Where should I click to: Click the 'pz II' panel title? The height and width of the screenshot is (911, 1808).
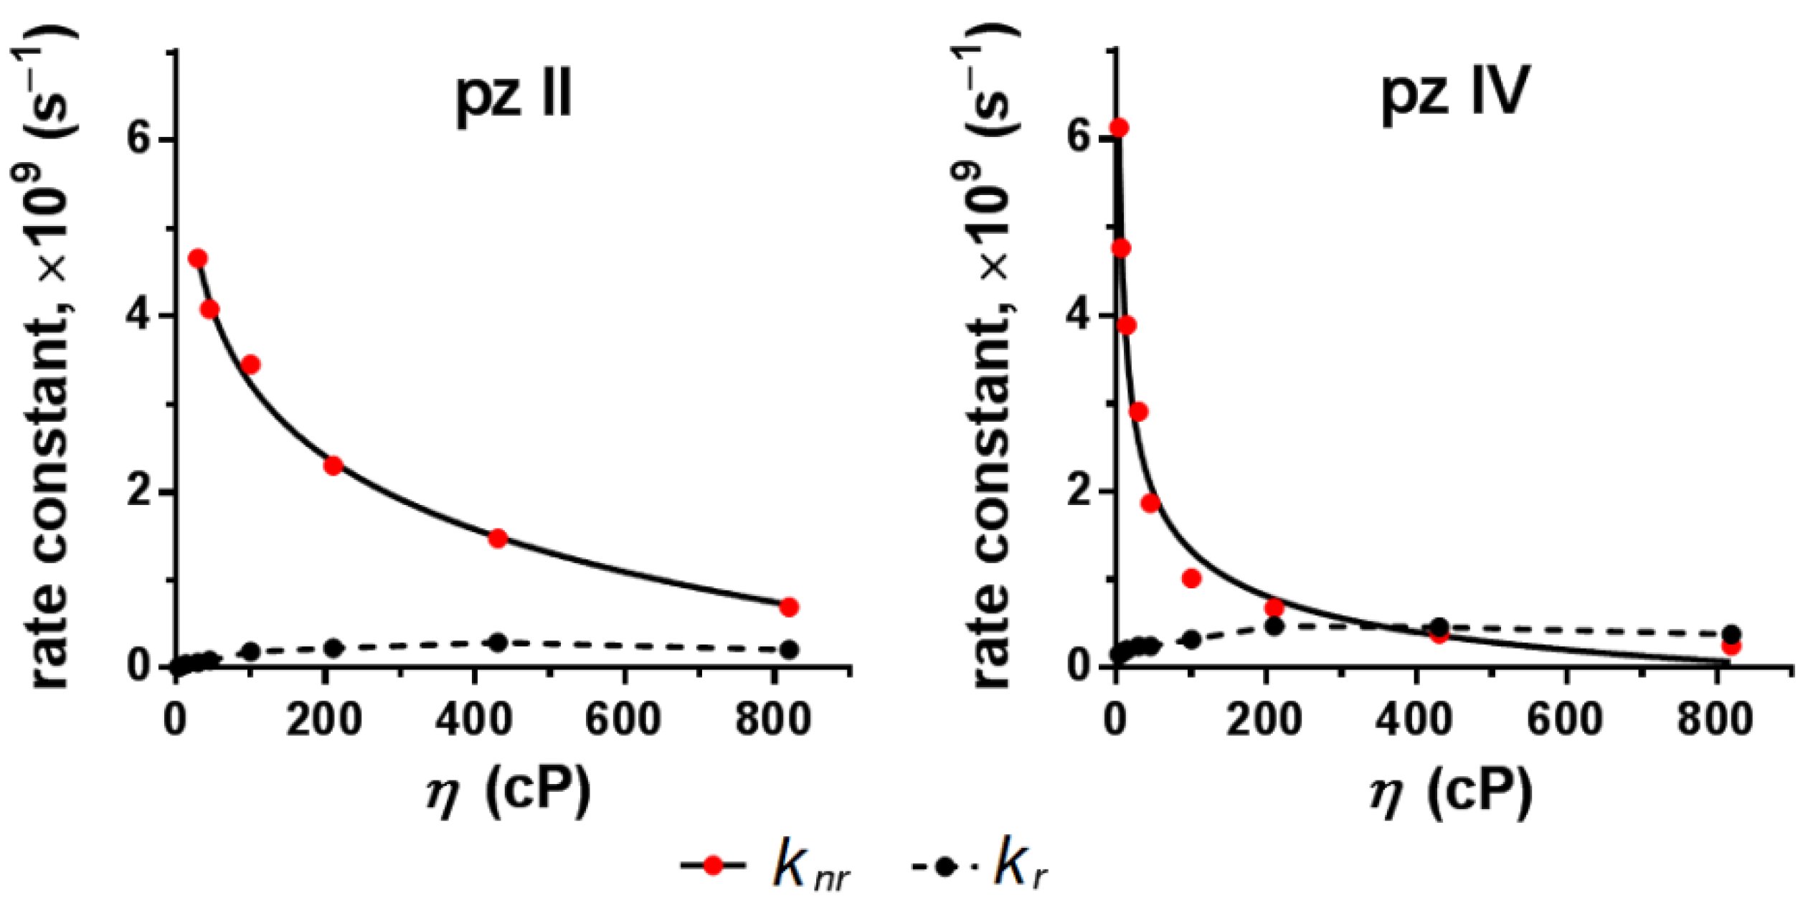click(x=514, y=97)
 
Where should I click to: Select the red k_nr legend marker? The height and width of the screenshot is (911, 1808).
click(x=713, y=866)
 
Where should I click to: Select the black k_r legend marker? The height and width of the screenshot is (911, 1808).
click(x=945, y=866)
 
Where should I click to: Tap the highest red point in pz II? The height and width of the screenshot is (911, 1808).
click(x=198, y=258)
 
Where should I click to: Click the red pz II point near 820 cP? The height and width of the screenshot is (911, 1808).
click(x=789, y=607)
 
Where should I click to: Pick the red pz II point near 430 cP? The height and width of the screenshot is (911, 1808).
click(x=498, y=538)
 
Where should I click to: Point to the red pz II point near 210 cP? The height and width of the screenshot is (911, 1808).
click(x=333, y=466)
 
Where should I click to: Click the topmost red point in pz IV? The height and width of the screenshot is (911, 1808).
click(x=1119, y=128)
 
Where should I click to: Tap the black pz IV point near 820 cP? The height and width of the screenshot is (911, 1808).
click(x=1731, y=634)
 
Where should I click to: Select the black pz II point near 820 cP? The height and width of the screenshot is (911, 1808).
click(x=789, y=650)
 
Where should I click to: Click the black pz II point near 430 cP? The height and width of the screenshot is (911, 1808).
click(x=498, y=642)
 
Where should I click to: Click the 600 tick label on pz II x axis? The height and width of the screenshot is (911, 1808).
click(x=623, y=719)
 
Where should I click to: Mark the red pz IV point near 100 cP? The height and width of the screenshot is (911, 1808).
click(x=1191, y=578)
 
